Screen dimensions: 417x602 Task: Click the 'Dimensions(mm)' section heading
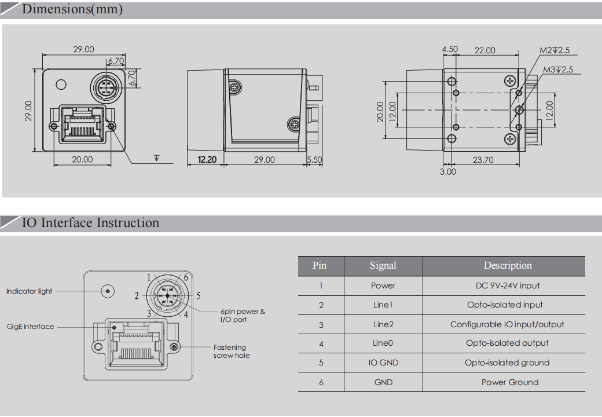(72, 10)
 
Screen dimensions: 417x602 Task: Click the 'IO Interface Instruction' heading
(90, 223)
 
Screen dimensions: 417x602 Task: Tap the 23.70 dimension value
(483, 160)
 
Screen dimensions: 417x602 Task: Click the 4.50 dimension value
(450, 50)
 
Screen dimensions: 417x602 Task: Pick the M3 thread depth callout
(557, 70)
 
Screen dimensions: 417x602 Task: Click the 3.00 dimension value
(447, 171)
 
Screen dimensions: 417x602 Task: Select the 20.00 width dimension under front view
(82, 159)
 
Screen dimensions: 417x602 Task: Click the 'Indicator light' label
(29, 291)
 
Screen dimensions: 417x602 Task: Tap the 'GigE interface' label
(30, 327)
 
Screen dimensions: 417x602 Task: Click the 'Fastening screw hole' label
(231, 352)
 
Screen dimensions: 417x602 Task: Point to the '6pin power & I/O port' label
(242, 316)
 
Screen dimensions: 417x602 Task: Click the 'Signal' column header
(383, 266)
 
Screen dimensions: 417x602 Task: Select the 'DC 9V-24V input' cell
(508, 286)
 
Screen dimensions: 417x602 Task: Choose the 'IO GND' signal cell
(383, 363)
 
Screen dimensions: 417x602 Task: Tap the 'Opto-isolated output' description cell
(507, 343)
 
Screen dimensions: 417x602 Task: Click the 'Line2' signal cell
(383, 324)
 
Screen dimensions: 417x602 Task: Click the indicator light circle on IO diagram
(107, 291)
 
